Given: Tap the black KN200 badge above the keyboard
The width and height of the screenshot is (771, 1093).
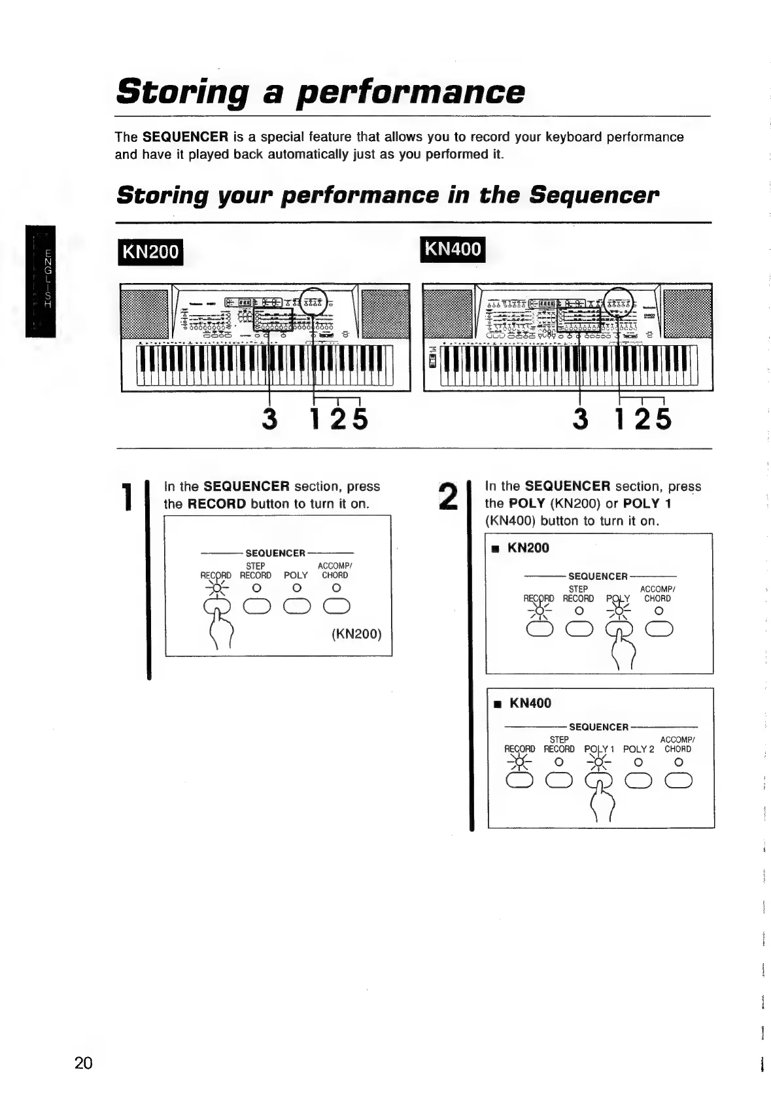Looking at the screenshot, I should pyautogui.click(x=150, y=251).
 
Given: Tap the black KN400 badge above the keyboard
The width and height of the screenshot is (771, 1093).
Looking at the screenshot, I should pyautogui.click(x=453, y=249).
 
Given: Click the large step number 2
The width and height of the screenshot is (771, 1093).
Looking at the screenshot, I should pyautogui.click(x=448, y=497).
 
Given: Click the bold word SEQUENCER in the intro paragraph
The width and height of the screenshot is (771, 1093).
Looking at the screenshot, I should pyautogui.click(x=185, y=137).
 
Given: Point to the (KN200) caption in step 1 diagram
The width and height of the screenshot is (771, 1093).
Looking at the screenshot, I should pyautogui.click(x=356, y=634).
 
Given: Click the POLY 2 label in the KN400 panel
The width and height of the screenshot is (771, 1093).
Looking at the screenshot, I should pyautogui.click(x=638, y=749).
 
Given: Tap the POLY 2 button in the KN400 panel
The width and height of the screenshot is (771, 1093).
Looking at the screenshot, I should pyautogui.click(x=639, y=781).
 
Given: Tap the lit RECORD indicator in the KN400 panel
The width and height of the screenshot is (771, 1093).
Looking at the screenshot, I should pyautogui.click(x=520, y=762).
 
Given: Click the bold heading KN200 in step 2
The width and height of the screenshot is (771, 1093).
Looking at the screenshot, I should pyautogui.click(x=528, y=548).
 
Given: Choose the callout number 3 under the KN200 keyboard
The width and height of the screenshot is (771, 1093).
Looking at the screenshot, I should pyautogui.click(x=269, y=419).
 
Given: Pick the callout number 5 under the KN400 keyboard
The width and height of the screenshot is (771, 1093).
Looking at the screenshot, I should pyautogui.click(x=663, y=419).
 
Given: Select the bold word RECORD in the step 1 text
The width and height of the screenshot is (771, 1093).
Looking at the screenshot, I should pyautogui.click(x=216, y=504).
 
